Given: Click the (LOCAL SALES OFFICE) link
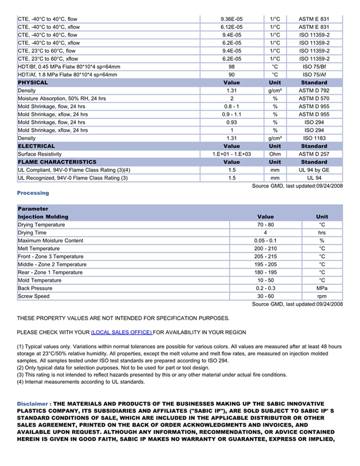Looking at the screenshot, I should click(x=121, y=332).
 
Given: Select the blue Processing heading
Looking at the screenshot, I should click(x=33, y=193).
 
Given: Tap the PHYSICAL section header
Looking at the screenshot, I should click(x=33, y=82).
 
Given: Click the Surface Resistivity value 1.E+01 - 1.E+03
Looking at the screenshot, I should click(x=231, y=154).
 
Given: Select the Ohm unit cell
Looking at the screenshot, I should click(x=275, y=154).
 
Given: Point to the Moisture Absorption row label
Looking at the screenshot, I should click(x=62, y=98).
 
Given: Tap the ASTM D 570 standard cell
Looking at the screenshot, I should click(x=314, y=98).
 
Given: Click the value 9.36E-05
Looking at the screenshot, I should click(x=231, y=19).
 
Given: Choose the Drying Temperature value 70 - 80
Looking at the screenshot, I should click(x=265, y=225).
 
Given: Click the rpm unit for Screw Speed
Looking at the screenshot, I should click(x=322, y=296).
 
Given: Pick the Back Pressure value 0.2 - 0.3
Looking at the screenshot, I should click(x=265, y=289).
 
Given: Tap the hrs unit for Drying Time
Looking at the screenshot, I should click(x=322, y=232).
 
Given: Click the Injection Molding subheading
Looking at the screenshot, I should click(x=43, y=217).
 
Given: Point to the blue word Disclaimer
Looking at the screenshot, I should click(x=32, y=404).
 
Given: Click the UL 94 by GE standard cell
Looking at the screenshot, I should click(x=314, y=170).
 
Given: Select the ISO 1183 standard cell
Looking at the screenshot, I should click(x=314, y=138).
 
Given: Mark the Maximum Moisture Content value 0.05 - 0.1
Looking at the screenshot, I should click(x=265, y=241).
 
